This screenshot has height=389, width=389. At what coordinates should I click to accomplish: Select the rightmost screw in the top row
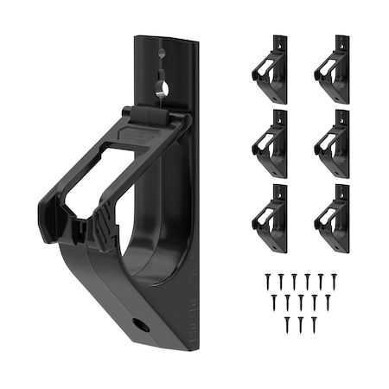[335, 281]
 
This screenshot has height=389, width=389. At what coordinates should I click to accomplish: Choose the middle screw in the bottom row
[301, 324]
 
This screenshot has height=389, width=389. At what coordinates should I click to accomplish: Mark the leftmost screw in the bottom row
[287, 324]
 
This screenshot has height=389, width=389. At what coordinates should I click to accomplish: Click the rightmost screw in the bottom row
[314, 324]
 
